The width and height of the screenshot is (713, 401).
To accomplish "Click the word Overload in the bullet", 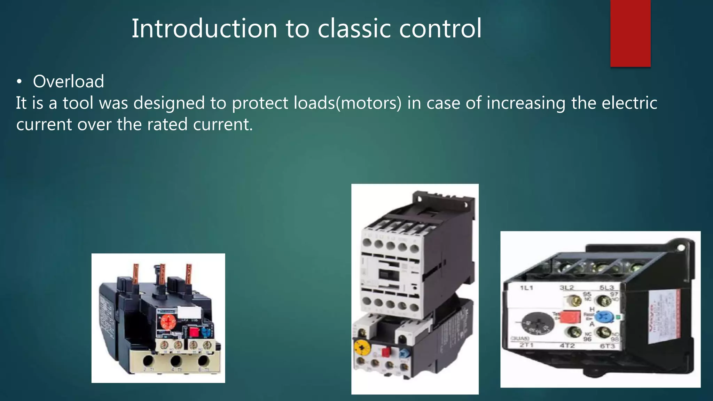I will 68,81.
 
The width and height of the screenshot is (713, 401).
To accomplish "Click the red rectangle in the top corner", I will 630,33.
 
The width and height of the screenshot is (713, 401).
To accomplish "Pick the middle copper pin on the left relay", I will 162,275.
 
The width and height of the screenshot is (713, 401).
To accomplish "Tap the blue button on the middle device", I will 403,353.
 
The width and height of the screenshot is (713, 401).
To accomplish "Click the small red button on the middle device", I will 386,352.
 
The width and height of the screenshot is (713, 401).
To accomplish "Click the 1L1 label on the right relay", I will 526,288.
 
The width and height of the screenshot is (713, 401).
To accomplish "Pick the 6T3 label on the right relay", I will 607,346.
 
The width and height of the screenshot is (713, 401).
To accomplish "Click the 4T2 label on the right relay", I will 567,346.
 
